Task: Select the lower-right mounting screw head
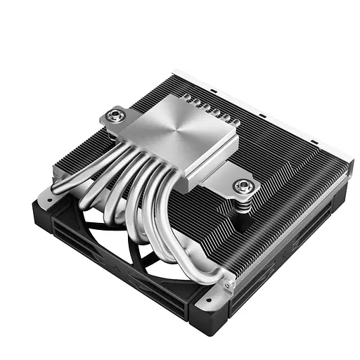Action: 244,186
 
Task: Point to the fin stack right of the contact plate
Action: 281,155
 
